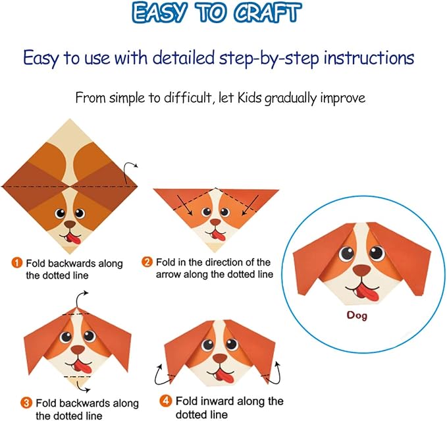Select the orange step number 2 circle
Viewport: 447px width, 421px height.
click(147, 262)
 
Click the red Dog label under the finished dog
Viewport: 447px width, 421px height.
click(358, 315)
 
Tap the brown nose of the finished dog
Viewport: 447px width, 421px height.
click(361, 270)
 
